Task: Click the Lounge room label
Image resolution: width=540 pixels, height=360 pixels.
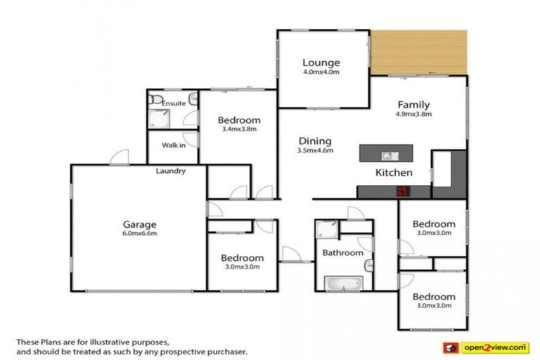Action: (x=321, y=62)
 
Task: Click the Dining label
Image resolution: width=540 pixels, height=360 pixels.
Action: (x=314, y=141)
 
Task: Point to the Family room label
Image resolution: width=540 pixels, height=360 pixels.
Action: (x=413, y=104)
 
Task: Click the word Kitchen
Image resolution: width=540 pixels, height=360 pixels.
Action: (x=394, y=172)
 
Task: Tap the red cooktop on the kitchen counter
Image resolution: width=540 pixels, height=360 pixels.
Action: (x=404, y=190)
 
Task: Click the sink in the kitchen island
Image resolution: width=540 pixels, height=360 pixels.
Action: (x=387, y=155)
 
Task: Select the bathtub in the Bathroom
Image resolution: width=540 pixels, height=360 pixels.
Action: (x=342, y=283)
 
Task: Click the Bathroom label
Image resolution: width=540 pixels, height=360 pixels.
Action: (x=342, y=252)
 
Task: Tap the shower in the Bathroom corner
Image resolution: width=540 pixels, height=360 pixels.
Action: (x=326, y=229)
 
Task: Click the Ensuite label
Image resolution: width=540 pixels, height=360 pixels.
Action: (x=174, y=104)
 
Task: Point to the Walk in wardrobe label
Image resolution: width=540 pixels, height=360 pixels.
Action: (x=174, y=146)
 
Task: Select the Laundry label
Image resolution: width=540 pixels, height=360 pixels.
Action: (x=171, y=171)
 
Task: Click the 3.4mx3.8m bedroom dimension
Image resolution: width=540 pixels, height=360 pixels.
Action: (x=238, y=129)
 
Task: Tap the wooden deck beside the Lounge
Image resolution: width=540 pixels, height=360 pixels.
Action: (x=419, y=52)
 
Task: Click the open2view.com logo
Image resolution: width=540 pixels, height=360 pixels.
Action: (x=484, y=347)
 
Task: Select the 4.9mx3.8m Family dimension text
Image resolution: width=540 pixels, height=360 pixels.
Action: (x=413, y=114)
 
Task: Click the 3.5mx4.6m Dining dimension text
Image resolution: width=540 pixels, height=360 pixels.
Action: (x=314, y=150)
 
